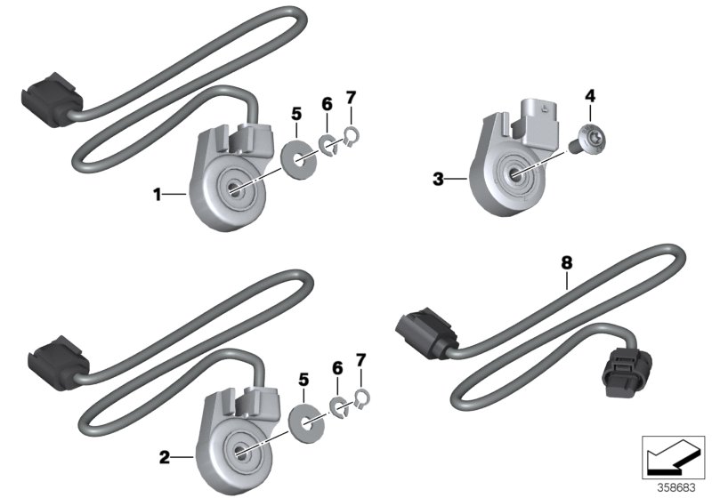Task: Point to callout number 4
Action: click(588, 93)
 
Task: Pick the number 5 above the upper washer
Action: click(296, 113)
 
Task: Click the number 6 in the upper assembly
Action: click(327, 104)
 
